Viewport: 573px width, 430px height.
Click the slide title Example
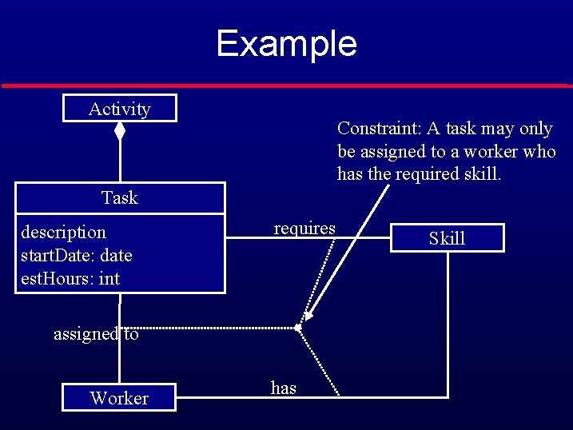click(x=286, y=43)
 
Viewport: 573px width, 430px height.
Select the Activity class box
click(x=120, y=109)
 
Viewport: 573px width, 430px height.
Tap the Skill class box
click(x=447, y=238)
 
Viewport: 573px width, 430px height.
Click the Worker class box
click(x=119, y=398)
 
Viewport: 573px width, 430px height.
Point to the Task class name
click(x=120, y=198)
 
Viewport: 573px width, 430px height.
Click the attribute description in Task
click(x=63, y=233)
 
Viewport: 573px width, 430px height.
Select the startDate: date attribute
click(x=76, y=256)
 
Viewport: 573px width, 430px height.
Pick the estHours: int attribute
click(x=70, y=279)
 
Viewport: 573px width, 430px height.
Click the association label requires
click(x=304, y=229)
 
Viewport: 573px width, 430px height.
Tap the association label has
click(x=284, y=388)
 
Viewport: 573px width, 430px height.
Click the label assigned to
click(x=96, y=334)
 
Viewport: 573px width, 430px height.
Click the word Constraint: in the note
click(x=380, y=129)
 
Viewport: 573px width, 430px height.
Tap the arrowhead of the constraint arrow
click(x=309, y=315)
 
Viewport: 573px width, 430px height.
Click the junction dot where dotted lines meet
click(x=297, y=327)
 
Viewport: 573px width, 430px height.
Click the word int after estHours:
click(x=109, y=279)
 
